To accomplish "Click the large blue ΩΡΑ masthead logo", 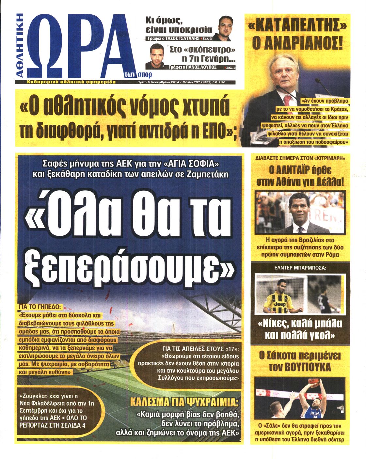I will (78, 46).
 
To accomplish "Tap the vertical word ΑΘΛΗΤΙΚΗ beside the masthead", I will (20, 46).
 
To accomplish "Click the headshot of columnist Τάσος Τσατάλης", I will (225, 27).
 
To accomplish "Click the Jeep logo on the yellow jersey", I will (279, 304).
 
